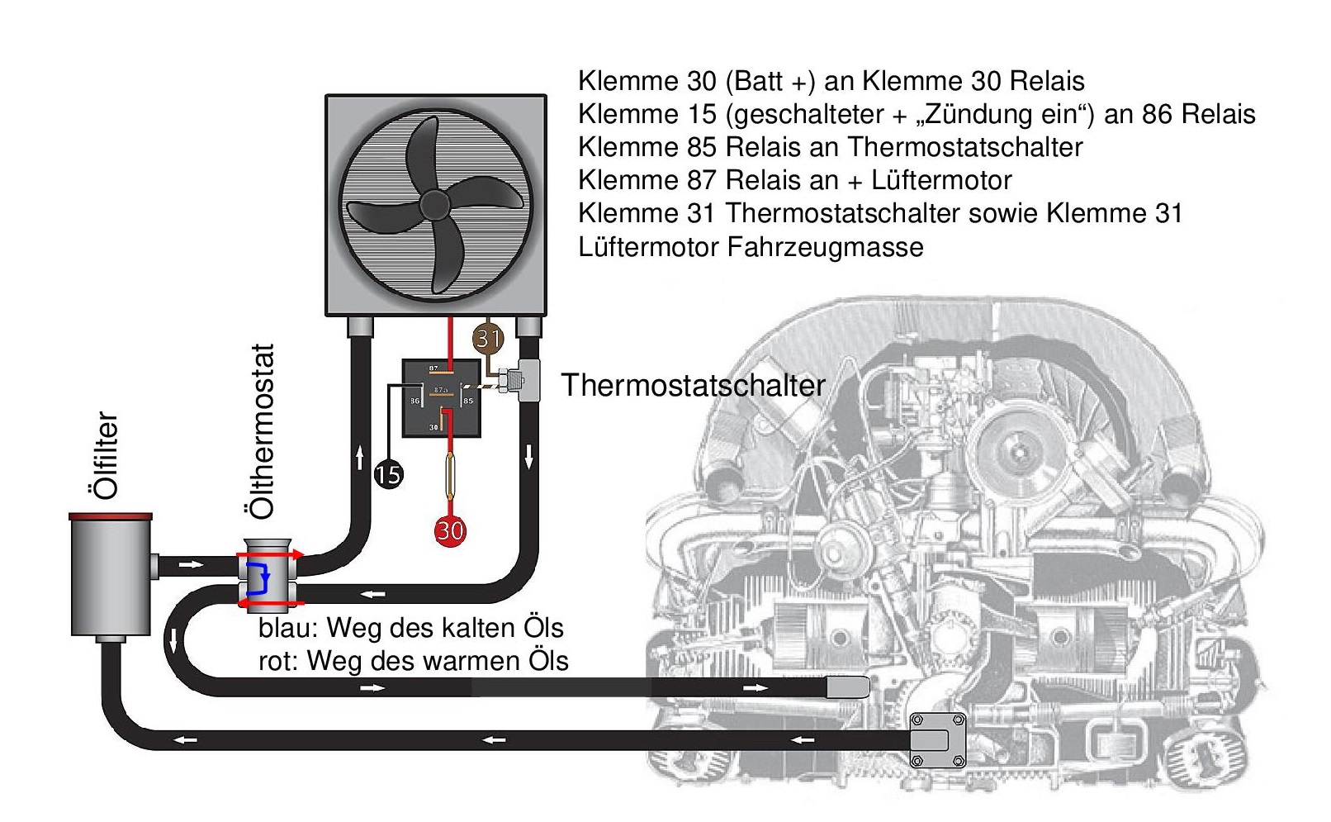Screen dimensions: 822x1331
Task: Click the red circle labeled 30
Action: click(450, 530)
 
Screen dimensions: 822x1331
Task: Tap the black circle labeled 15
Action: click(388, 474)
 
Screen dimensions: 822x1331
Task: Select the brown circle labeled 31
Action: click(488, 337)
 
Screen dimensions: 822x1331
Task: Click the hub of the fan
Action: click(434, 204)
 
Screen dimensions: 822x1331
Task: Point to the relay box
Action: click(441, 397)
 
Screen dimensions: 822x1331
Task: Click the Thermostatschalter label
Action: click(693, 385)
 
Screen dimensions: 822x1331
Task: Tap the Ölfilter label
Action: click(106, 455)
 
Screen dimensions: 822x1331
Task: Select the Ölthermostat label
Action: click(261, 431)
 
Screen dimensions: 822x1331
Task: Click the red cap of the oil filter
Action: click(111, 517)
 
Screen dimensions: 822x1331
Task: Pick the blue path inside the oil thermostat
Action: click(259, 578)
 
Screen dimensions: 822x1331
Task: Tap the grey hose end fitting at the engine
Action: click(848, 687)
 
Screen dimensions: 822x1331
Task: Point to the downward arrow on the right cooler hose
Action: click(528, 456)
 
